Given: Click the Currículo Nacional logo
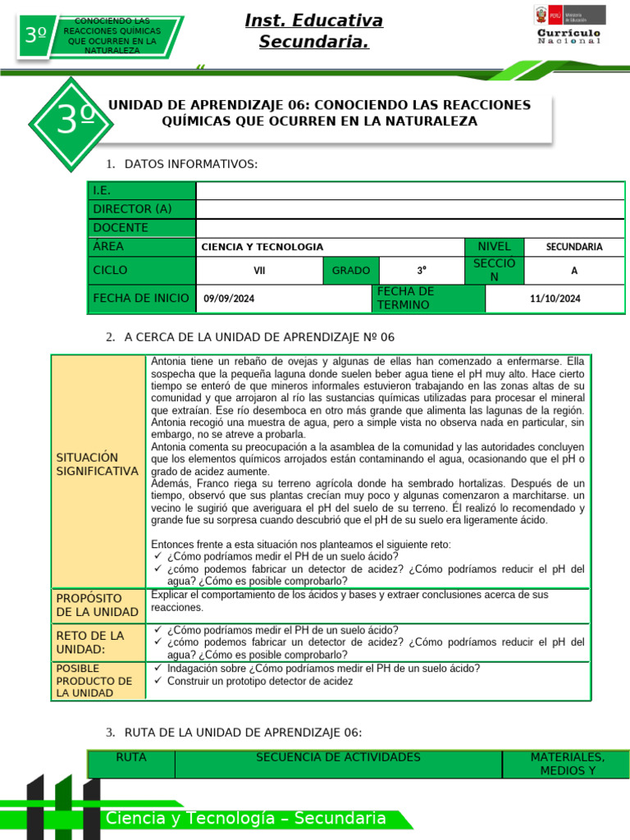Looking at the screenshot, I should coord(569,25).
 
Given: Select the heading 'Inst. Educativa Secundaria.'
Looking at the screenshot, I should coord(314,31).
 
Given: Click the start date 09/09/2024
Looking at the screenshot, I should coord(230,299).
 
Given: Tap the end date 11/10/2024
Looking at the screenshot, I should coord(555,299).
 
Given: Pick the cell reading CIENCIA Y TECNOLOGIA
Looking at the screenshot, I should coord(262,247).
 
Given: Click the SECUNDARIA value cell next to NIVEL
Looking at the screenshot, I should coord(574,247).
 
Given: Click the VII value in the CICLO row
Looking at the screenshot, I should coord(259,271).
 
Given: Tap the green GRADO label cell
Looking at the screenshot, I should coord(351,271).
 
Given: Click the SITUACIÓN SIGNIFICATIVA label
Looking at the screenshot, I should coord(98,464).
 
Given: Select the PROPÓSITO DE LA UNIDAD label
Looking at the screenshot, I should coord(98,605).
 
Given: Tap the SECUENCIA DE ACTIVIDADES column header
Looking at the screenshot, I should coord(338,758).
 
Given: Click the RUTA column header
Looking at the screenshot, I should coord(131,758).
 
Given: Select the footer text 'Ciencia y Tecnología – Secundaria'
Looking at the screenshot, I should coord(246,818).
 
